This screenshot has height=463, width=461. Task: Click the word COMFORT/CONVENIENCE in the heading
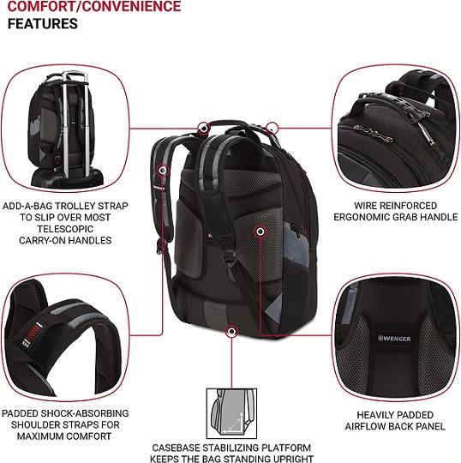tap(94, 7)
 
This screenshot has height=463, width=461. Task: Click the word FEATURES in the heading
tap(43, 24)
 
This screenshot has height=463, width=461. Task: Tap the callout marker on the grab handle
tap(203, 129)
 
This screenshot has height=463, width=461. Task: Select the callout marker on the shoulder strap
tap(163, 171)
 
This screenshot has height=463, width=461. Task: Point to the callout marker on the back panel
tap(260, 231)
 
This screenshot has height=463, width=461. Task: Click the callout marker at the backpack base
tap(231, 331)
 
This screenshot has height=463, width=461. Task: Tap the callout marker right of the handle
tap(272, 129)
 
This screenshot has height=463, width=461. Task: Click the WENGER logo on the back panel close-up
tap(394, 339)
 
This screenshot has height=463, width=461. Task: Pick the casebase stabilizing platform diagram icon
tap(231, 413)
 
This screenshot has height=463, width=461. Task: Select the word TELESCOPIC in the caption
tap(65, 229)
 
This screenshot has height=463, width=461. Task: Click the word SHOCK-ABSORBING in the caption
tap(85, 413)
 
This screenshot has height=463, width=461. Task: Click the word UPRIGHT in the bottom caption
tap(293, 459)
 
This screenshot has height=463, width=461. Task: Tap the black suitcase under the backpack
tap(68, 178)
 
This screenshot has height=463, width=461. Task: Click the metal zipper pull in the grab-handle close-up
tap(424, 131)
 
